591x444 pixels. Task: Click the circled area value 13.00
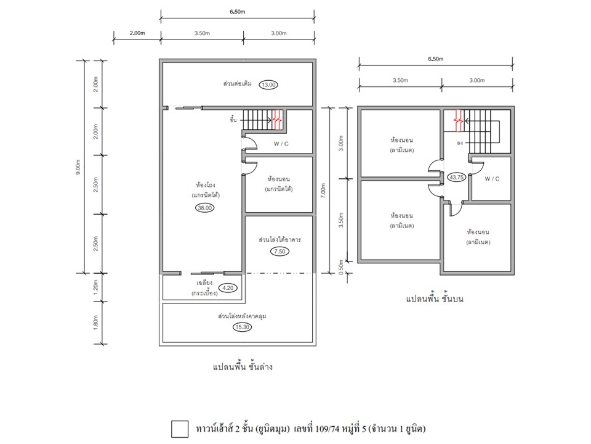click(268, 85)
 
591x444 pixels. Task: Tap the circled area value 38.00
click(204, 208)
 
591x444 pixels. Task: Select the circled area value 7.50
click(279, 252)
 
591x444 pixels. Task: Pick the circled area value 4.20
click(228, 288)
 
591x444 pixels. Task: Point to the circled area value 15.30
click(242, 327)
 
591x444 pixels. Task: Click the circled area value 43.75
click(456, 177)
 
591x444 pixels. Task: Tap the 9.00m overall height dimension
click(78, 167)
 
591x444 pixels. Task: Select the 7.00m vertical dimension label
click(323, 191)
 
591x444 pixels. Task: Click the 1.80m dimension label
click(96, 323)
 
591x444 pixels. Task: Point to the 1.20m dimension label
click(96, 287)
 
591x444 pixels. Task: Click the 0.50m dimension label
click(341, 267)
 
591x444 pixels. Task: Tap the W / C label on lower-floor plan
click(281, 144)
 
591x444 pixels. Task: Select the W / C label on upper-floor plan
click(492, 179)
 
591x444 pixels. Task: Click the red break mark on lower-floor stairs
click(278, 120)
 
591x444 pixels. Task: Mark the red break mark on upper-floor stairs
click(458, 120)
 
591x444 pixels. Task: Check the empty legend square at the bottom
click(180, 429)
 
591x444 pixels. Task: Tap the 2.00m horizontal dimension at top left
click(137, 33)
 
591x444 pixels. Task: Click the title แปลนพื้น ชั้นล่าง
click(243, 366)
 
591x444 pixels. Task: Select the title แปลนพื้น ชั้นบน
click(435, 298)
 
